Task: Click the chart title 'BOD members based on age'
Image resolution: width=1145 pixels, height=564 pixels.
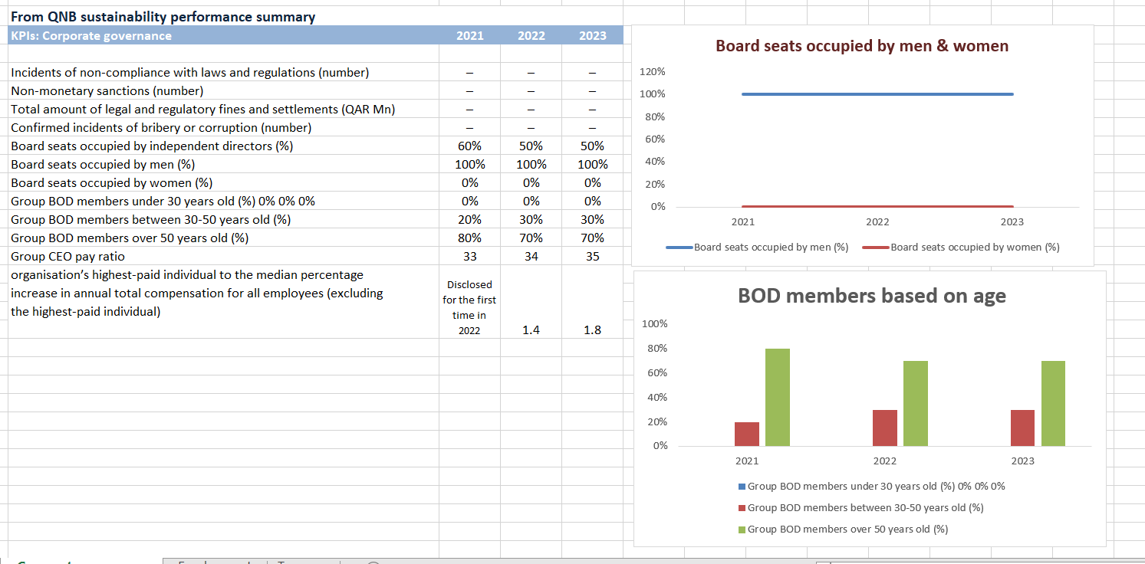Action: click(871, 296)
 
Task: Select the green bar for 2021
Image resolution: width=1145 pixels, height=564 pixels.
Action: click(778, 397)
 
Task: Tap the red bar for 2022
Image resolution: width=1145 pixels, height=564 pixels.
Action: click(885, 428)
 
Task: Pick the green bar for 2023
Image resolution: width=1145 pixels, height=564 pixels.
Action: click(1053, 403)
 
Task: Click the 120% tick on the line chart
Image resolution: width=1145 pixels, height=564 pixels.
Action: click(652, 71)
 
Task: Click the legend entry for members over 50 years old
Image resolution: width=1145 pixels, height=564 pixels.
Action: click(847, 529)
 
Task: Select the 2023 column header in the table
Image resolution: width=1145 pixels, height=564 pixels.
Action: click(592, 36)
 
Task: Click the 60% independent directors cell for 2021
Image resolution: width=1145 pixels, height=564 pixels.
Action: click(469, 146)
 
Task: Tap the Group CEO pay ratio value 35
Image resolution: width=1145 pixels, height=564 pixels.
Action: click(592, 256)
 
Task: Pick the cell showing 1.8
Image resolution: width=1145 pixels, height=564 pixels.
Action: click(592, 330)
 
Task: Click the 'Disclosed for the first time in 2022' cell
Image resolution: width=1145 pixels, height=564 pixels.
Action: click(469, 307)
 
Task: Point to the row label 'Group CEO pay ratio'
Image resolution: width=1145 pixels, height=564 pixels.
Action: click(67, 256)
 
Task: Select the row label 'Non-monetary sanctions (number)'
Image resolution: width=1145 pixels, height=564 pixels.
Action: click(107, 90)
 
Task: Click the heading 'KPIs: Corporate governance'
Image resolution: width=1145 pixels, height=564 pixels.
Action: click(91, 36)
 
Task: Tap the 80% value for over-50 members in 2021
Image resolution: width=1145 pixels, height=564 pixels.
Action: click(469, 238)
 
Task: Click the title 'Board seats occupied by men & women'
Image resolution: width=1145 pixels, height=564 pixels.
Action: click(861, 46)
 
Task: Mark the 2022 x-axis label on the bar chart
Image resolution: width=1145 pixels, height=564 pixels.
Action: click(884, 461)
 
